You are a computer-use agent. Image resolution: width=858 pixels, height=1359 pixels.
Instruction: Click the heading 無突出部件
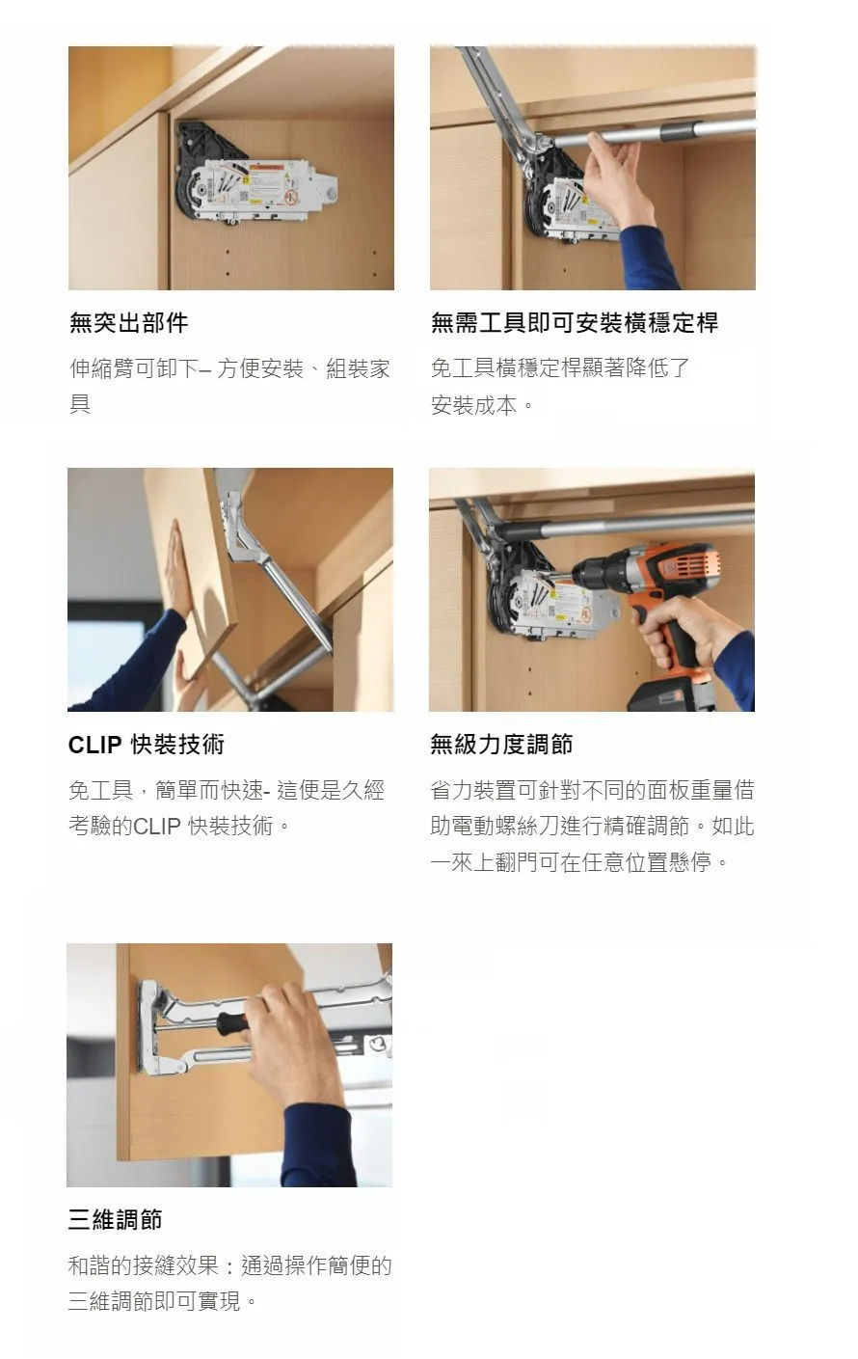pos(128,322)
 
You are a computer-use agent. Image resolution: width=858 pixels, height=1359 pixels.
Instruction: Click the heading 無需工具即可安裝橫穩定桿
pos(575,322)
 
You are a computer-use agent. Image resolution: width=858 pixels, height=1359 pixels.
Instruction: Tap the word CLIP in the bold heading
pos(95,745)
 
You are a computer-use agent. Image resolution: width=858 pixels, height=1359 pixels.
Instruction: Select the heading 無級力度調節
pos(501,744)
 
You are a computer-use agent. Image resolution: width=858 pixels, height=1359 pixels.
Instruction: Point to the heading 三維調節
pos(116,1219)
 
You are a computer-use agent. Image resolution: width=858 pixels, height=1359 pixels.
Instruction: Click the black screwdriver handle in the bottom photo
pos(233,1024)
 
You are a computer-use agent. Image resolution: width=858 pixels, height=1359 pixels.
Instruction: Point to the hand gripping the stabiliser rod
pos(619,179)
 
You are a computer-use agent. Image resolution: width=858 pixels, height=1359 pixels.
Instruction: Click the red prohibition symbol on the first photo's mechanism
pos(292,196)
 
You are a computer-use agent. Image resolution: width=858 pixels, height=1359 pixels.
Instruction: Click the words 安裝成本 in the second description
pos(473,405)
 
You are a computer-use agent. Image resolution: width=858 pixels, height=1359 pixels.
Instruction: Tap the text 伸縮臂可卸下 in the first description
pos(133,368)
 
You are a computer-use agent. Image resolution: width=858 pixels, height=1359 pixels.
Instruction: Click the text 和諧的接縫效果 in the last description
pos(143,1265)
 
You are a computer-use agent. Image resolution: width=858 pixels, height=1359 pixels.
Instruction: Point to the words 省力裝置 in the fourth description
pos(473,790)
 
